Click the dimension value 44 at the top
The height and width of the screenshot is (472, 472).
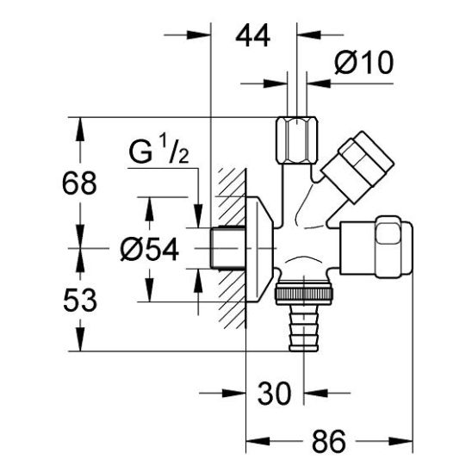253,35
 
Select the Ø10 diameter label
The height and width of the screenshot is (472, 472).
363,62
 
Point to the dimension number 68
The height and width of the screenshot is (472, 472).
79,183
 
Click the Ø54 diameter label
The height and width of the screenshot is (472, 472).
150,250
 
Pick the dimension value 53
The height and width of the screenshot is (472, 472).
80,300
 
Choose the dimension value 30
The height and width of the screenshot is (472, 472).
275,393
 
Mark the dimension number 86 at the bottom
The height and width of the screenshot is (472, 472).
329,442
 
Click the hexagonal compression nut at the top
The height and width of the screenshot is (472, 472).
297,140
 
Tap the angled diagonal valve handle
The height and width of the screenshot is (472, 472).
357,167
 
